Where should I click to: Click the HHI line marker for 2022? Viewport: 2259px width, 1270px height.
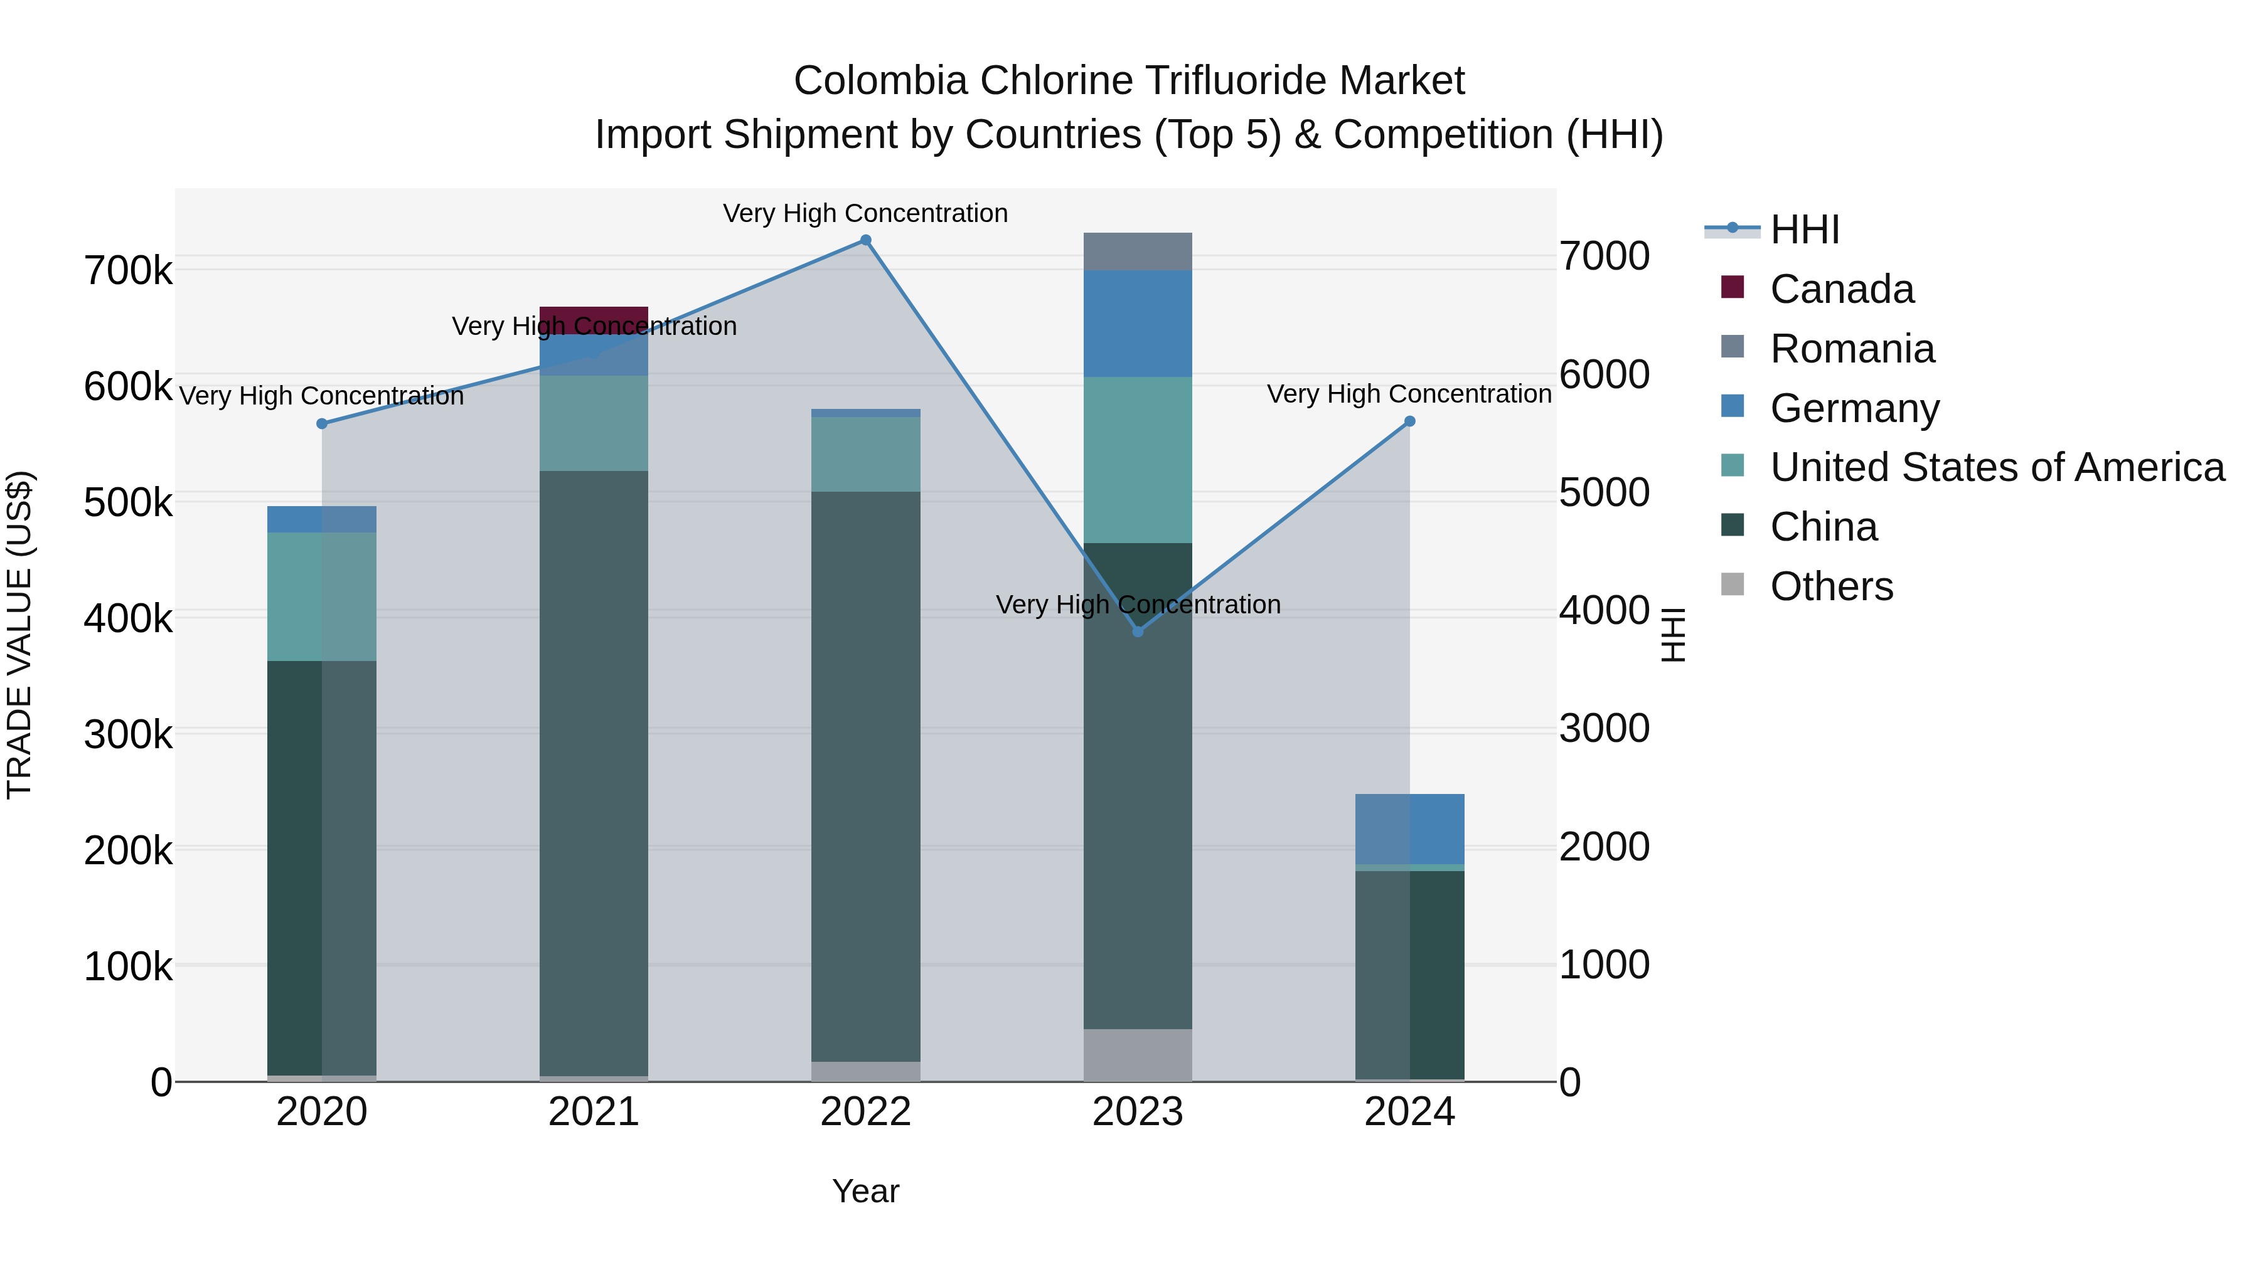coord(865,240)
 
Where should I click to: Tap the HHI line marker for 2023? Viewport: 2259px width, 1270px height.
coord(1138,631)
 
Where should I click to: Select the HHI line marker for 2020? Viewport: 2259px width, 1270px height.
coord(322,423)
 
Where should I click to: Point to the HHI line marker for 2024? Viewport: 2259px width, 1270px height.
coord(1409,421)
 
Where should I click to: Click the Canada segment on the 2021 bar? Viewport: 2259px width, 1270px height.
coord(594,319)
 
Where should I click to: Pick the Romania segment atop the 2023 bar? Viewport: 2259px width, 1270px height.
coord(1138,251)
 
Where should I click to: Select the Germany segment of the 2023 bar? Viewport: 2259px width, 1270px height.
coord(1138,324)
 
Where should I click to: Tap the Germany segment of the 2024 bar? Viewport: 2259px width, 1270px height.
coord(1409,829)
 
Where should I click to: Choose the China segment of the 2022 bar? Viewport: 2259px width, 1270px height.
coord(865,776)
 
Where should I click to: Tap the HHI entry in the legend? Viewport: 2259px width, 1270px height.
coord(1804,230)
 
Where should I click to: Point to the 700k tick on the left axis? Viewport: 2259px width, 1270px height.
coord(128,271)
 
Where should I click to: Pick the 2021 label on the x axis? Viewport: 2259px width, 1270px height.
coord(594,1112)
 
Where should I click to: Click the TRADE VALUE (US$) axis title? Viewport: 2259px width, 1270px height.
coord(19,635)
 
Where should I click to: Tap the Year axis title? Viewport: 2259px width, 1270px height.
coord(865,1191)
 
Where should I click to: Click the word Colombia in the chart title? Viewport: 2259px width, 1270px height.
coord(880,81)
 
